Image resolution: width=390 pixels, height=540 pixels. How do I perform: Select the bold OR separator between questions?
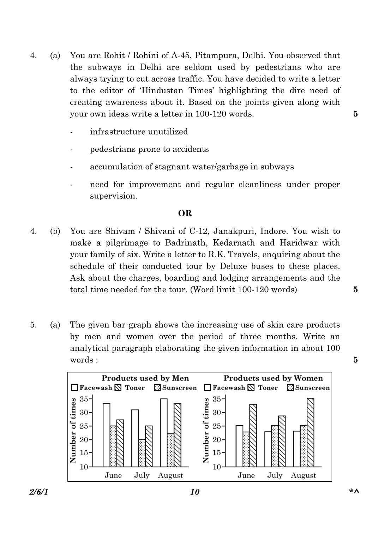tap(185, 213)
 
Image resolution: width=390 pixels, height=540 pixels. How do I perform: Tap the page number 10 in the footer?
tap(195, 492)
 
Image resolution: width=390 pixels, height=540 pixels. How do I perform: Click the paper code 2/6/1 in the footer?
tap(39, 492)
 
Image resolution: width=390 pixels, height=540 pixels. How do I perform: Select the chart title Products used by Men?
tap(145, 378)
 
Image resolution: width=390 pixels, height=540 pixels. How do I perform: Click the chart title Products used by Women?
tap(273, 378)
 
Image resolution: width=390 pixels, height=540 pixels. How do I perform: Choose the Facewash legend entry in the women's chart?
tap(225, 388)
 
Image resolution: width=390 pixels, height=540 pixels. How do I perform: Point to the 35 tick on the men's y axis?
tap(84, 399)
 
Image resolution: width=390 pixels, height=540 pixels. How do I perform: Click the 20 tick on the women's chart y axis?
tap(217, 440)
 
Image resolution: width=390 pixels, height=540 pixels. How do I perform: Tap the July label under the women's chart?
tap(275, 475)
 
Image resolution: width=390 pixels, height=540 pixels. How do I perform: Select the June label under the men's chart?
tap(113, 475)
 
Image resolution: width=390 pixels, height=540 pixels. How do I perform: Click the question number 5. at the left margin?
tap(34, 325)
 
